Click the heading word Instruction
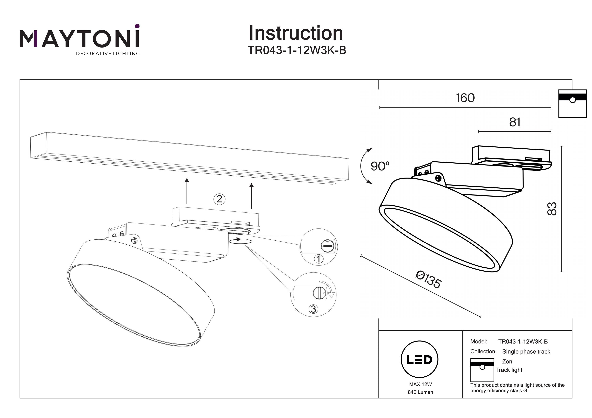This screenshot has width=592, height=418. (296, 33)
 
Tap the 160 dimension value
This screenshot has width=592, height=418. (465, 98)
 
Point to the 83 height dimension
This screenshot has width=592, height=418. (552, 209)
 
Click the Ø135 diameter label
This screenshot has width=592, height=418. (429, 279)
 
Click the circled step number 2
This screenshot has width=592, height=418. (219, 199)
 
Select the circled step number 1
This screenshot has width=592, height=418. (319, 259)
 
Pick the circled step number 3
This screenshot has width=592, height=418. (313, 309)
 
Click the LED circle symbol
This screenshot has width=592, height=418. (420, 359)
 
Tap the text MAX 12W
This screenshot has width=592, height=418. (420, 384)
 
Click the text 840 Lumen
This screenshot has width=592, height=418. (420, 392)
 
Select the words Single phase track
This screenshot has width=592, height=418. (526, 352)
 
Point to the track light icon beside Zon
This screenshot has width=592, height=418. (482, 370)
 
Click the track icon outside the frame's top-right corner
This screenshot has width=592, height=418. (572, 103)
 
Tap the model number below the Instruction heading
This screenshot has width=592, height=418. (297, 50)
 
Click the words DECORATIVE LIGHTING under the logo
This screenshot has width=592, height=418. (108, 54)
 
